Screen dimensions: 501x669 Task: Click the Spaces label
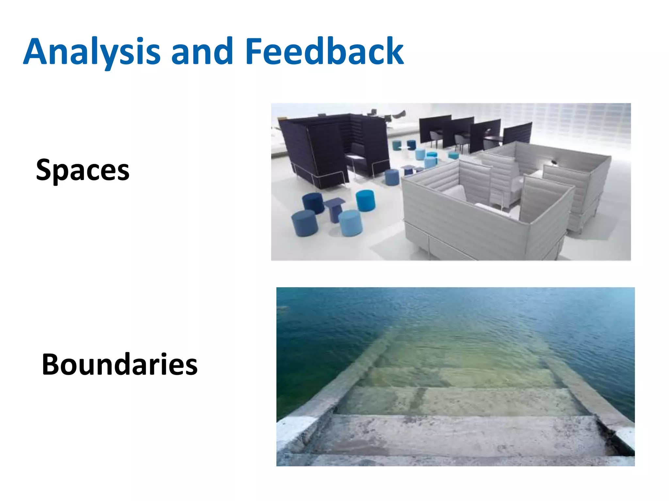click(83, 170)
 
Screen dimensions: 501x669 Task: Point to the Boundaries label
click(120, 364)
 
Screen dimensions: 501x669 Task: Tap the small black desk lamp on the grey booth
click(554, 162)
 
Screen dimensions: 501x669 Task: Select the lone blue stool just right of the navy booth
click(392, 177)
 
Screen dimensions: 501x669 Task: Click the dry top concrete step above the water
click(457, 434)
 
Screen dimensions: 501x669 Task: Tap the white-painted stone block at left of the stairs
click(296, 431)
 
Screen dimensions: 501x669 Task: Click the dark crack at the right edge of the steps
click(614, 437)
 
